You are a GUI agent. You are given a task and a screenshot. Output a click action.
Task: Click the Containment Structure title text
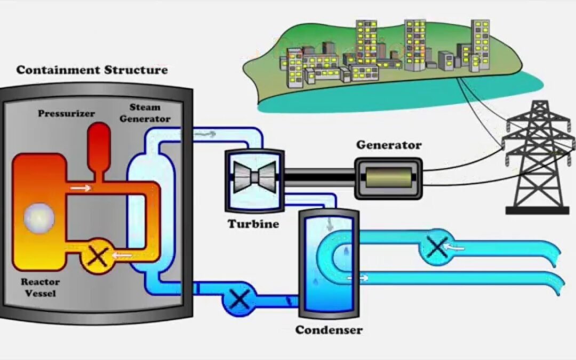pos(92,70)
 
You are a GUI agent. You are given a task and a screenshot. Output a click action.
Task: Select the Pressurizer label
pos(66,114)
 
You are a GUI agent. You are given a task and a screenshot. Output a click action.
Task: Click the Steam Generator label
pos(145,113)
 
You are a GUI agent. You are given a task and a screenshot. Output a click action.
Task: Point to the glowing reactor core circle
pos(39,219)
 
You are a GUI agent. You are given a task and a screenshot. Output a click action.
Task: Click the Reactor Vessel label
pos(41,286)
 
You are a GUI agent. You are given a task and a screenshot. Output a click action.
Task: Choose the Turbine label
pos(253,224)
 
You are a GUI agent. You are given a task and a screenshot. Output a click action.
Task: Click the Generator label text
pos(389,145)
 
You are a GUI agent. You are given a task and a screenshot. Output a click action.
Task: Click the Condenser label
pos(329,330)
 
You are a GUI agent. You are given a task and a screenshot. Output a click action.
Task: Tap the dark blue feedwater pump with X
pos(239,300)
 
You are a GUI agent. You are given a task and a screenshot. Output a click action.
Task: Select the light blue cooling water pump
pos(436,246)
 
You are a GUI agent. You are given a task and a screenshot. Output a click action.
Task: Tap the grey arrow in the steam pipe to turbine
pos(205,134)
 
